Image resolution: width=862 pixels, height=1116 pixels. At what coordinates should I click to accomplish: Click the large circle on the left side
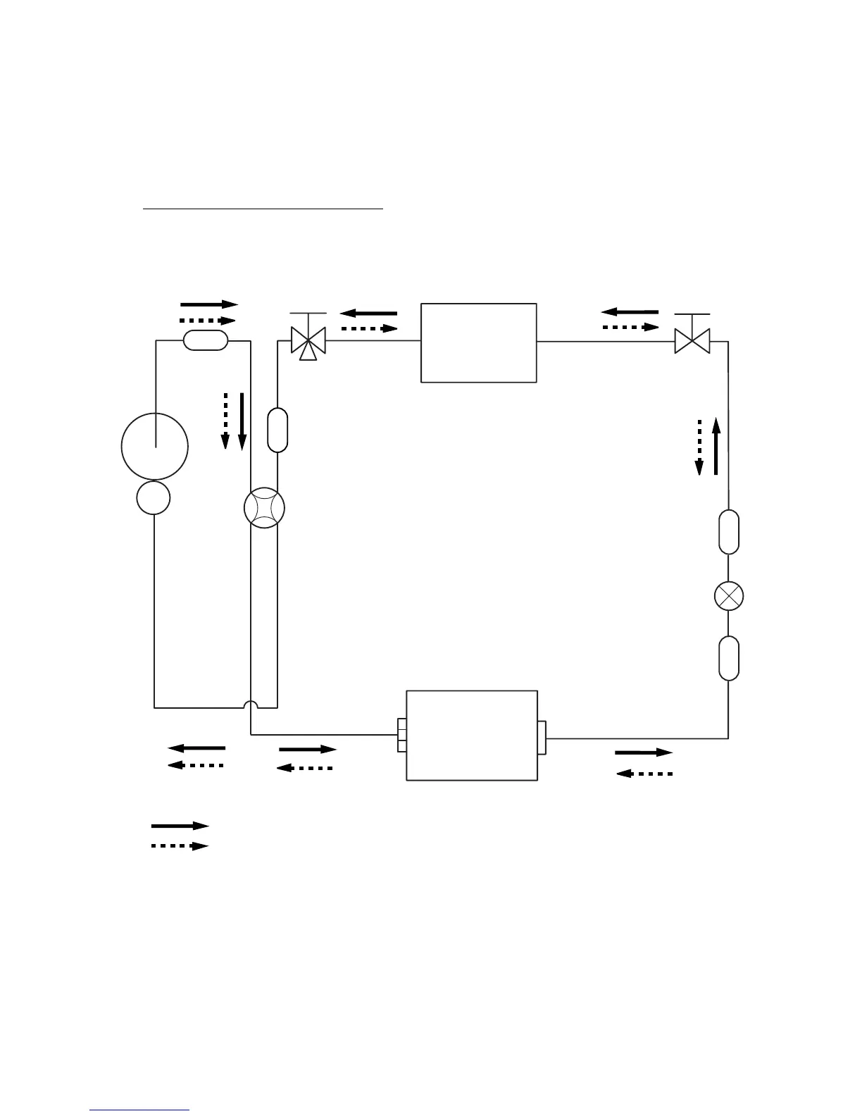(x=155, y=447)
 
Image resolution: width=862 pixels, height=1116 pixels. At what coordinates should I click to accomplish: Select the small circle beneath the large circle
(x=154, y=498)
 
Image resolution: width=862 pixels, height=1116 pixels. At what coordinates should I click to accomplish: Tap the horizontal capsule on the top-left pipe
(x=206, y=340)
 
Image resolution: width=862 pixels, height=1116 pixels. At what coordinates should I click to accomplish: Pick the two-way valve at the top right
(x=692, y=342)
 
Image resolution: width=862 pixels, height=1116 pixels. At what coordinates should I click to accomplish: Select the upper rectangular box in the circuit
(x=479, y=343)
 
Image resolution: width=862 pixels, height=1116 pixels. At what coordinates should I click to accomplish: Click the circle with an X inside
(x=729, y=596)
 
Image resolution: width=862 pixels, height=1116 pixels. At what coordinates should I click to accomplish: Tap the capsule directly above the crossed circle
(x=729, y=532)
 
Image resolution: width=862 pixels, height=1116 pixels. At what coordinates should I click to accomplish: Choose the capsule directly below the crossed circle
(x=729, y=658)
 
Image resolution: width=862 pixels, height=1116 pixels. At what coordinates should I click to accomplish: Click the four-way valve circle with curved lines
(x=264, y=509)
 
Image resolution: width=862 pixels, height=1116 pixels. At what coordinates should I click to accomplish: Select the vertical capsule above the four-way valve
(x=278, y=429)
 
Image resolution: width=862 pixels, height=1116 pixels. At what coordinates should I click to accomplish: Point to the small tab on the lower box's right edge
(x=542, y=738)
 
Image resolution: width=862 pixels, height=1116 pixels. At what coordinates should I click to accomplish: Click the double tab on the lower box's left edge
(x=402, y=736)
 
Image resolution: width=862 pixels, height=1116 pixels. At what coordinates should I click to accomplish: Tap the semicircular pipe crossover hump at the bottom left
(x=251, y=704)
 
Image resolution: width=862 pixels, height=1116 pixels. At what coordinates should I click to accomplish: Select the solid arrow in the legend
(x=180, y=825)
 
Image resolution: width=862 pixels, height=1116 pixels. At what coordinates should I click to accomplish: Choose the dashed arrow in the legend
(x=180, y=845)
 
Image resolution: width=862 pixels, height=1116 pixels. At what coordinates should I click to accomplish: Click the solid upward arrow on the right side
(x=716, y=446)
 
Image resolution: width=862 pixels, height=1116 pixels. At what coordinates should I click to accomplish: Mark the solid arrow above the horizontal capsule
(x=210, y=304)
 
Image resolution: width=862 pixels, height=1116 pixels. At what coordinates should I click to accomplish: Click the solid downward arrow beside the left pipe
(x=242, y=421)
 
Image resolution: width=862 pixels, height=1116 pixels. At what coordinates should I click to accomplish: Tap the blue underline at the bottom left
(x=140, y=1110)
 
